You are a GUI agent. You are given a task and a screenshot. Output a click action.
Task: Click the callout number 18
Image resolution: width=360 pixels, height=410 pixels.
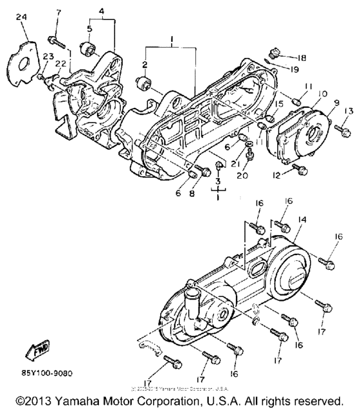pos(302,57)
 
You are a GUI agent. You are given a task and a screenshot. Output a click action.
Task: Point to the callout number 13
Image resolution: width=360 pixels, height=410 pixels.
pos(349,111)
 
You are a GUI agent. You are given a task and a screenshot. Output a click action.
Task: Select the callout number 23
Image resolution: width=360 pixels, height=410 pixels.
pos(46,57)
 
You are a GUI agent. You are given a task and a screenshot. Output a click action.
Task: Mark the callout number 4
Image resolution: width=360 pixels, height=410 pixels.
pos(100,11)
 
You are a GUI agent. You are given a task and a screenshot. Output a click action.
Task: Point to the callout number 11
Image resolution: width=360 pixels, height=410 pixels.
pos(309,87)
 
